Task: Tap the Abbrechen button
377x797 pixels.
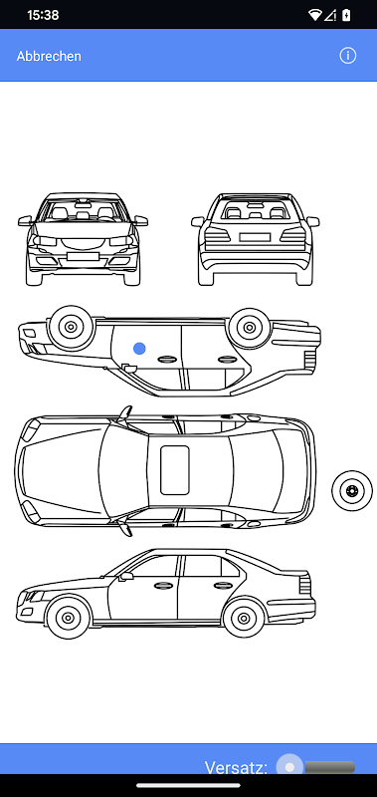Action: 49,56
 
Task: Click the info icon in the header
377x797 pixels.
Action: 347,56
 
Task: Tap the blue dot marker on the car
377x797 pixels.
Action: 139,348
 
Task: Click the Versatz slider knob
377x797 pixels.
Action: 289,766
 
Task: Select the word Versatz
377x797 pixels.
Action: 236,767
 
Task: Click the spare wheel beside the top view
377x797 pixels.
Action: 352,490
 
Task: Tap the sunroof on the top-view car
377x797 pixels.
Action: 175,470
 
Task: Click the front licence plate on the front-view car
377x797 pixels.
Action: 83,256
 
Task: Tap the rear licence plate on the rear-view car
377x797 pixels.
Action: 255,237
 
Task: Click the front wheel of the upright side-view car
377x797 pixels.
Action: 68,618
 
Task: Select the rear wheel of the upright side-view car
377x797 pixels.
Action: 244,618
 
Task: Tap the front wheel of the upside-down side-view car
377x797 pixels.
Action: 71,327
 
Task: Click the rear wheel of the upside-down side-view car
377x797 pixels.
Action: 249,328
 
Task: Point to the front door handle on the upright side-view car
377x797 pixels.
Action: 163,585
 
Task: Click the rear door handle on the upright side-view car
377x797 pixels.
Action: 223,586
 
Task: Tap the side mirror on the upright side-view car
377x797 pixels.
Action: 126,577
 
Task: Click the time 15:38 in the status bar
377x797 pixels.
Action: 43,15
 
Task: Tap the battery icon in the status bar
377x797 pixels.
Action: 346,15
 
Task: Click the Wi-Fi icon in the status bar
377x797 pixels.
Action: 315,15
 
